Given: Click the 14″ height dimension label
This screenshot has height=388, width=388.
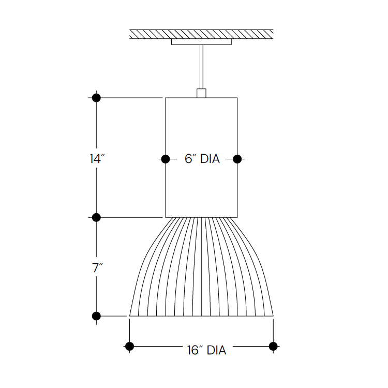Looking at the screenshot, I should [x=96, y=159].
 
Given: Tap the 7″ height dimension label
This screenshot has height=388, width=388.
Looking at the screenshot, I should [x=97, y=268].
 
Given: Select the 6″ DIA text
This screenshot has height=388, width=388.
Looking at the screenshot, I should [x=202, y=159].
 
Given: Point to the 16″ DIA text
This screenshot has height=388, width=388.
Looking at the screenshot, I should [x=206, y=350].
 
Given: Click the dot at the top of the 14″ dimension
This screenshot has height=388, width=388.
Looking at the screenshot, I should [x=96, y=97].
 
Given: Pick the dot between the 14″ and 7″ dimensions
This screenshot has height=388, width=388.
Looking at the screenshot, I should [x=96, y=217].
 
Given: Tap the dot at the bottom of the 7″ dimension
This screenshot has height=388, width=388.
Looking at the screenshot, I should [x=96, y=316].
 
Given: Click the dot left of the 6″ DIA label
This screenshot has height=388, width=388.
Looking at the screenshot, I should [x=165, y=159].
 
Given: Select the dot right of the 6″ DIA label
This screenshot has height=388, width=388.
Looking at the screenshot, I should [x=237, y=159].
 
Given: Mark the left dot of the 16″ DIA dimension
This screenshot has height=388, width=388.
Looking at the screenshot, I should [x=129, y=346].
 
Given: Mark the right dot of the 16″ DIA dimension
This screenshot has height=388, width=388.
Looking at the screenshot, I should [x=273, y=346].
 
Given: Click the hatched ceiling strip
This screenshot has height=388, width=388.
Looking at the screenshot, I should [x=201, y=34].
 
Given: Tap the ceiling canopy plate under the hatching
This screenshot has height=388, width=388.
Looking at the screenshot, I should [x=201, y=42].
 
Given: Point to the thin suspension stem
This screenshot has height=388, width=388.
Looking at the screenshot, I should [x=201, y=67].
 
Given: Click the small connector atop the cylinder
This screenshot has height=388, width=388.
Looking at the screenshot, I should [x=201, y=93].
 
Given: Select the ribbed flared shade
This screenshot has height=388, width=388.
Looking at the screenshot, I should [x=201, y=269].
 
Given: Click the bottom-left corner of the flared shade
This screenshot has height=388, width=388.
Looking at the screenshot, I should [x=129, y=315].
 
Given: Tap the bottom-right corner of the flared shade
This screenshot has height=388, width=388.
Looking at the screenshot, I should [x=273, y=315].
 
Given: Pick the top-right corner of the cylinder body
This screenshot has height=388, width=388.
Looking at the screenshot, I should [x=237, y=98].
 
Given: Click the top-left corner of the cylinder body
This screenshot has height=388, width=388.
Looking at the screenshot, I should [x=165, y=98].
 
